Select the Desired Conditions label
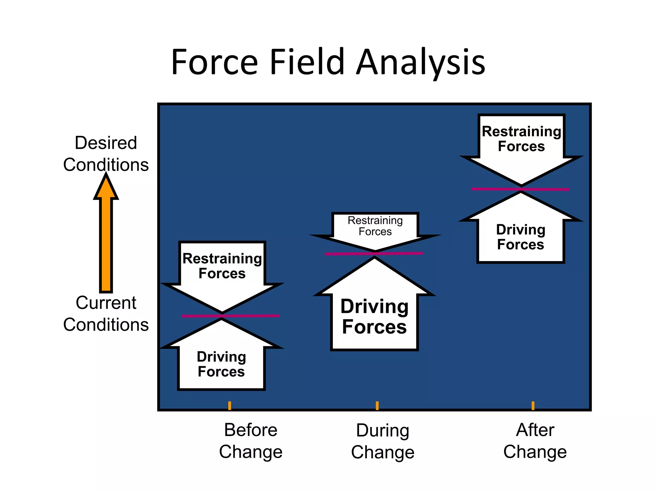pos(106,154)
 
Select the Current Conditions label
pos(106,314)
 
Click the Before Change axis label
pos(251,441)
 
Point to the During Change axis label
pos(383,441)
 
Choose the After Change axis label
pos(535,441)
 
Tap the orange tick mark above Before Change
pos(230,406)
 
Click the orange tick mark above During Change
pos(377,406)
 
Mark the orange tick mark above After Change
pos(533,406)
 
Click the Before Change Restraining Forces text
pos(222,266)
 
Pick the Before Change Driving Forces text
pos(221,364)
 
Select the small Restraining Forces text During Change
pos(375,226)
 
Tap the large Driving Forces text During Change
pos(374,316)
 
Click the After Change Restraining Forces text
pos(521,139)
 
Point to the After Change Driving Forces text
pos(521,237)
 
